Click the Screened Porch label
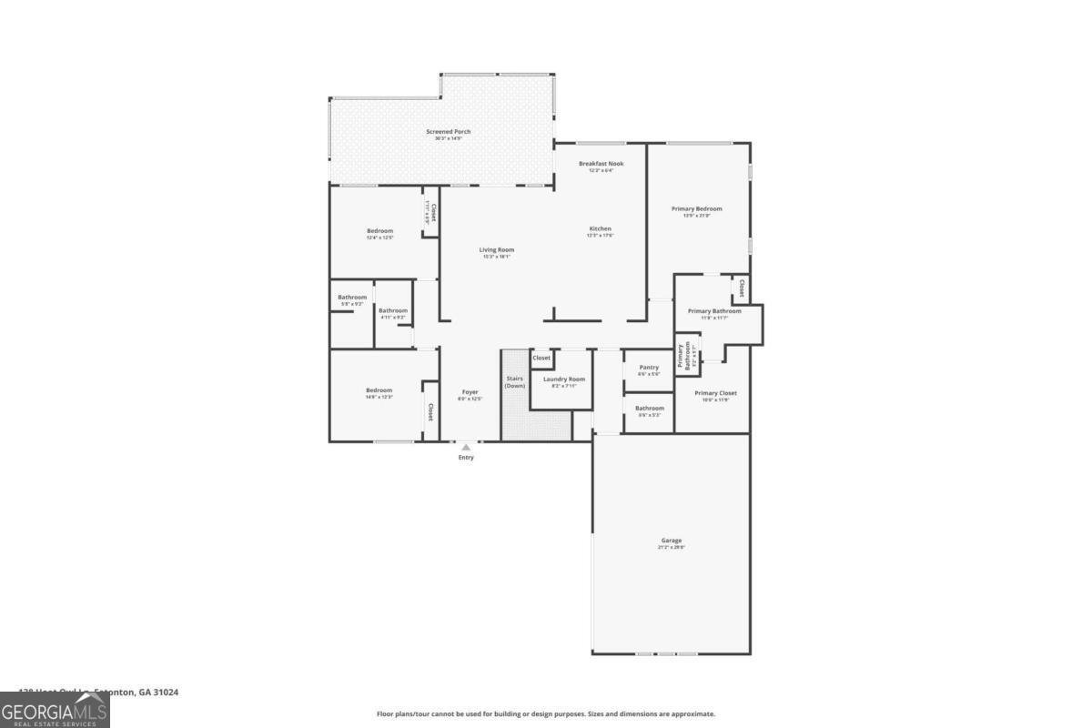449,132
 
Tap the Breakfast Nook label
601,164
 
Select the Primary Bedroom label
696,209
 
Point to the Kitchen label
600,229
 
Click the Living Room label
497,250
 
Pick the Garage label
671,541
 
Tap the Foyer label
470,392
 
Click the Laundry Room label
563,379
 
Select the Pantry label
649,368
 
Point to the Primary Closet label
715,393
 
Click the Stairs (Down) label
515,382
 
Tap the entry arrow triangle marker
466,447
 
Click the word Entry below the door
466,458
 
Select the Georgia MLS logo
55,710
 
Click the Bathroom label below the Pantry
649,409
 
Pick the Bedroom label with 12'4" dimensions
379,231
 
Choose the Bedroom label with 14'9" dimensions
379,391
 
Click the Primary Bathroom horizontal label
714,311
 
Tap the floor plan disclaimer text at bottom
546,714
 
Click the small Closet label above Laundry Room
541,358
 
